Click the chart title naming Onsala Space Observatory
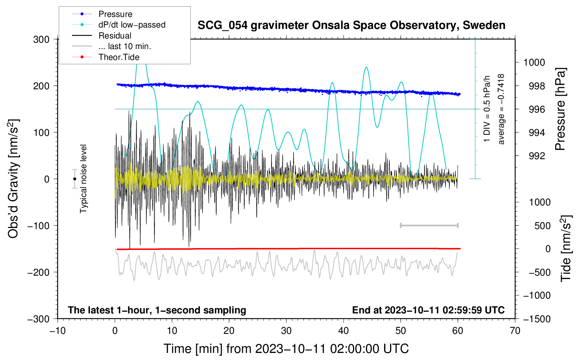coord(351,25)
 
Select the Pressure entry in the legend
coord(115,14)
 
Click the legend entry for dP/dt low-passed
coord(132,25)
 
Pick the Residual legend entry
coord(115,36)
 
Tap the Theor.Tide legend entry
coord(119,57)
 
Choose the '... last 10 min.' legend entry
coord(125,46)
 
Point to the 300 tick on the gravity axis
coord(41,39)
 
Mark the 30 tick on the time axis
coord(286,331)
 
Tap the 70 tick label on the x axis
coord(515,331)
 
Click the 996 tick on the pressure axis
coord(537,109)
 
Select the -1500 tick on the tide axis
coord(537,319)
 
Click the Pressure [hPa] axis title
coord(560,109)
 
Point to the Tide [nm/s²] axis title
coord(566,248)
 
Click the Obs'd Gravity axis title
coord(13,179)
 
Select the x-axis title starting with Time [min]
coord(286,349)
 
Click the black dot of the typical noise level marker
coord(74,179)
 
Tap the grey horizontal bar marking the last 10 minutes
coord(429,226)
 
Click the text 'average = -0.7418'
coord(501,109)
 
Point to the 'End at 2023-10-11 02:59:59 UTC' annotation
coord(428,310)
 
